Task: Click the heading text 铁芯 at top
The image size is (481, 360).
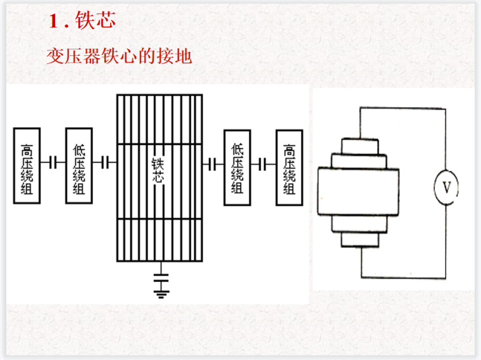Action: point(96,21)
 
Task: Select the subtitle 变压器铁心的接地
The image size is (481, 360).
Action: point(118,56)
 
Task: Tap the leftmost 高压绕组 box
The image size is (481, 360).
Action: point(27,165)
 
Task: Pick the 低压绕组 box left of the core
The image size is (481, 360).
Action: point(79,166)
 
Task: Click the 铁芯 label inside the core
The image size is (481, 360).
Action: point(159,170)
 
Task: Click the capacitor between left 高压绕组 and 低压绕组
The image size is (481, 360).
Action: point(53,163)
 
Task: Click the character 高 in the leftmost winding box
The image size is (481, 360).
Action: point(27,151)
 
